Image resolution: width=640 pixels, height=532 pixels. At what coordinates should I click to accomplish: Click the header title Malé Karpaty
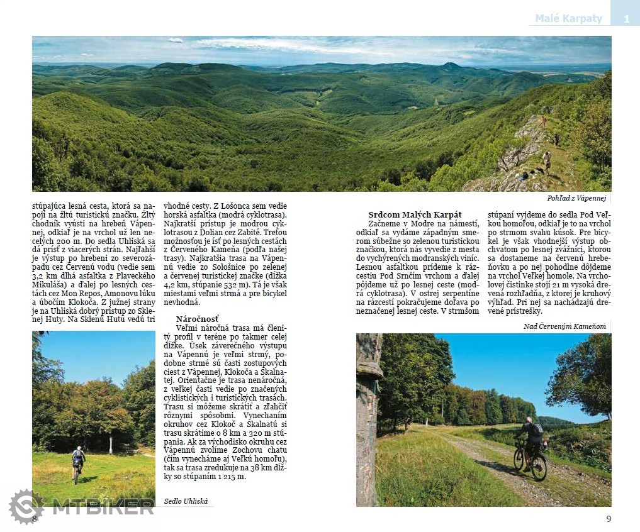click(x=568, y=18)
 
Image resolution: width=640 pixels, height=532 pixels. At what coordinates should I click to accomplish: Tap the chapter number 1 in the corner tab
click(x=626, y=19)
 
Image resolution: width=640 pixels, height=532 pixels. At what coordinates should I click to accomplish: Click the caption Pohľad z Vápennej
click(x=576, y=198)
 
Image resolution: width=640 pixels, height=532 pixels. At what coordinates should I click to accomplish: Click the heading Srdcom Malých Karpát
click(x=415, y=214)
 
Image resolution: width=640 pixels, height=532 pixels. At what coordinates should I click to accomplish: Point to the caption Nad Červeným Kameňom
click(x=564, y=326)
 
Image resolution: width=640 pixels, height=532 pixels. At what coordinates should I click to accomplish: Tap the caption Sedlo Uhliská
click(x=186, y=501)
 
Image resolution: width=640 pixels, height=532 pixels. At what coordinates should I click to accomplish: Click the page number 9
click(x=609, y=519)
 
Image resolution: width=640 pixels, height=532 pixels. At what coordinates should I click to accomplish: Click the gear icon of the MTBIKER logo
click(x=26, y=507)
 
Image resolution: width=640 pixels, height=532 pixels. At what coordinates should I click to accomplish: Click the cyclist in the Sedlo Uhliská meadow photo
click(x=78, y=462)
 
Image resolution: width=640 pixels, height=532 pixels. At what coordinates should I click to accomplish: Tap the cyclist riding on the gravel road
click(x=531, y=446)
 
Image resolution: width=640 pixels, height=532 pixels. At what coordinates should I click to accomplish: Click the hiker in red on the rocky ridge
click(x=543, y=120)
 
